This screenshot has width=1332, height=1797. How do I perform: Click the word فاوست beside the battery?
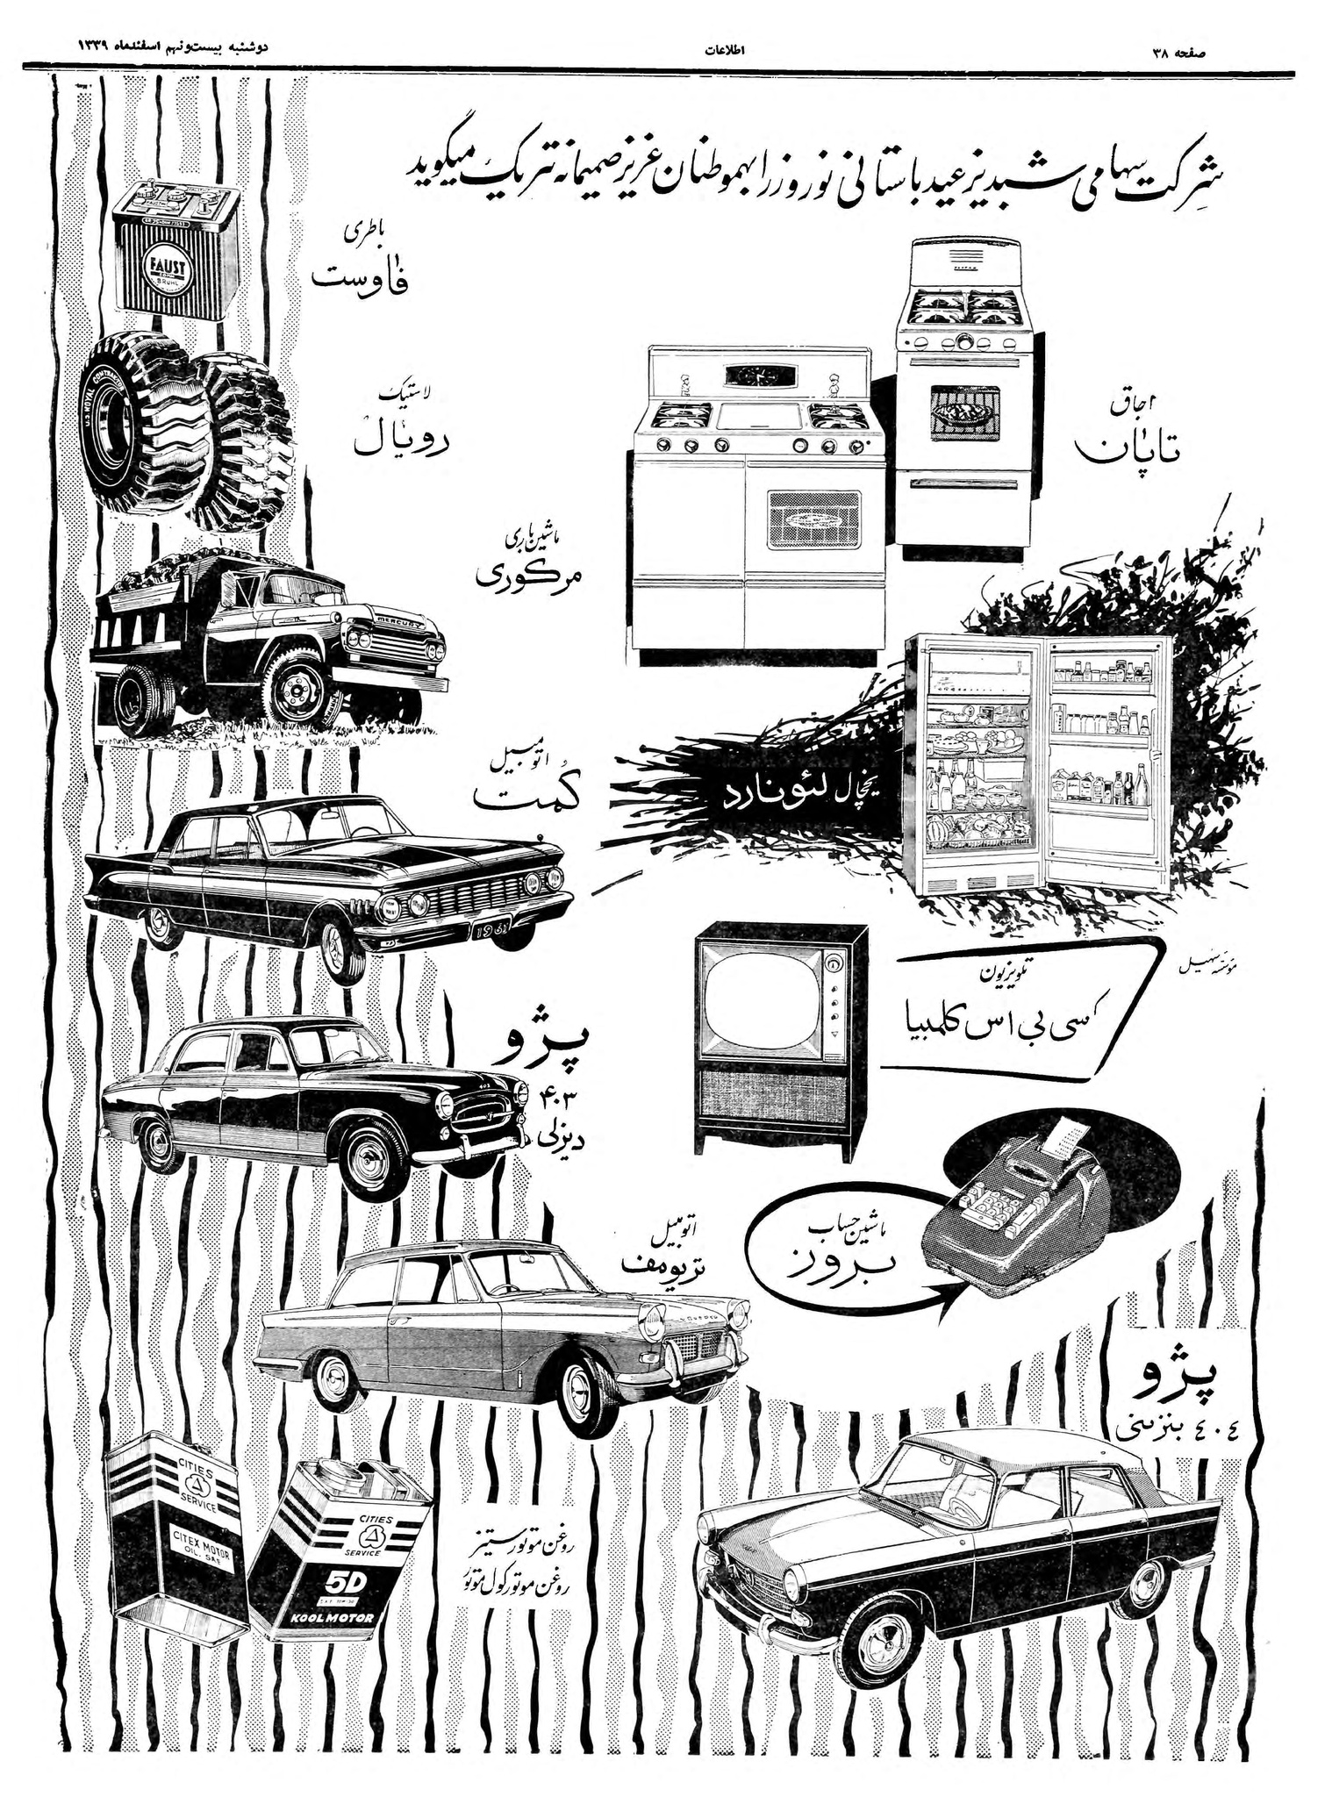pyautogui.click(x=361, y=279)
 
